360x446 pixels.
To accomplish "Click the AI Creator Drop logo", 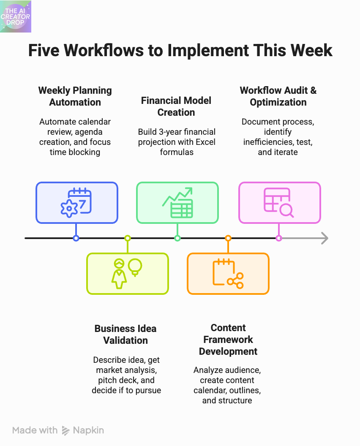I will click(x=16, y=16).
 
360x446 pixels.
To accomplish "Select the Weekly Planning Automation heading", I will click(x=75, y=96).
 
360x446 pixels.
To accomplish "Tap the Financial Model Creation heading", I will click(x=176, y=106).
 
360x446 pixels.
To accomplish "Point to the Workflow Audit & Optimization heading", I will click(x=278, y=96).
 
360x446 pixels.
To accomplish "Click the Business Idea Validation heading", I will click(x=125, y=334).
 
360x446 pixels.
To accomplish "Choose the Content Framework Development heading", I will click(x=228, y=340).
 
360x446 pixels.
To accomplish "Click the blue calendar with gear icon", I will click(x=76, y=202).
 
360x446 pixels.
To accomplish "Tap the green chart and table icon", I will click(x=177, y=203).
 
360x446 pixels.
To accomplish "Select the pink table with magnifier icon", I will click(x=279, y=203).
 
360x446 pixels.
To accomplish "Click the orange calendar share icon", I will click(x=228, y=273).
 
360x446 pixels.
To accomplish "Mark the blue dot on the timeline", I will click(x=76, y=238).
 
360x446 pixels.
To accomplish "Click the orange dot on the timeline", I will click(x=228, y=238).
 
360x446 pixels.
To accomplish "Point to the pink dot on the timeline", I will click(x=279, y=238).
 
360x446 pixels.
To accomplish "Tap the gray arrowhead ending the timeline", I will click(x=325, y=238).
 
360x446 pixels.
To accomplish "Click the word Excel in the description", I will click(x=206, y=141).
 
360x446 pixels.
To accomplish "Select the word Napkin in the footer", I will click(x=88, y=430).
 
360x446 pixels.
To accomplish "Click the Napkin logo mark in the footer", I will click(x=65, y=430).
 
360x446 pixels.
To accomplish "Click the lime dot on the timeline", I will click(x=127, y=238).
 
